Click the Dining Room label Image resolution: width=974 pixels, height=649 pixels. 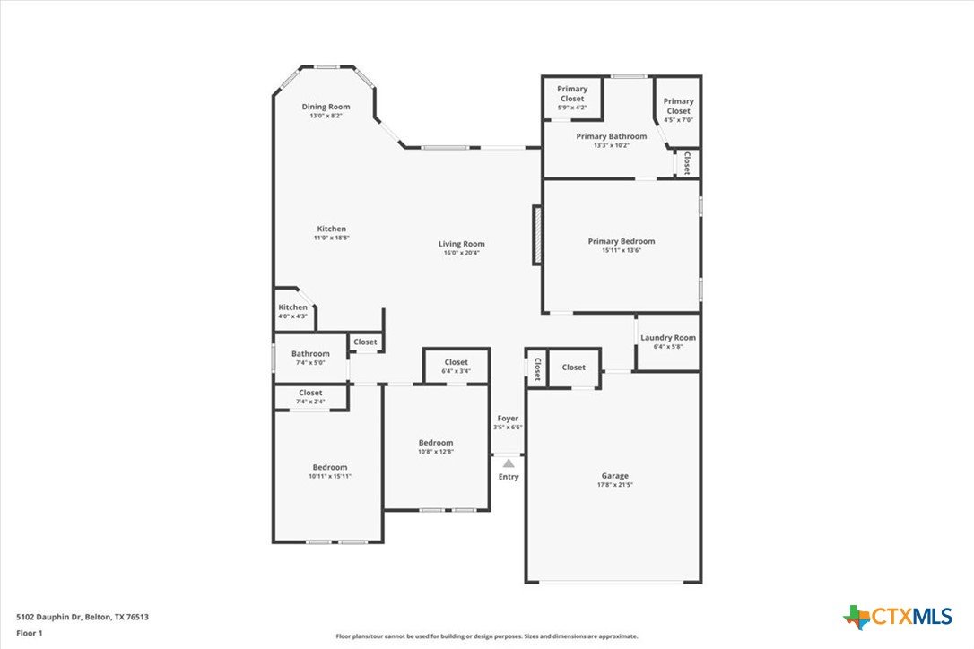point(326,107)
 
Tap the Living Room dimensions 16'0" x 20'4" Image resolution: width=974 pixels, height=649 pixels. point(461,253)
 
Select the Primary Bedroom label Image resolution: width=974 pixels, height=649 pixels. point(622,241)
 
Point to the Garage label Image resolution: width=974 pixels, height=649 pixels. point(615,476)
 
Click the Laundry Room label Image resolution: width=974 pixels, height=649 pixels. point(668,338)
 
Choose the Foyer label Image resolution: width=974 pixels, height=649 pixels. point(508,419)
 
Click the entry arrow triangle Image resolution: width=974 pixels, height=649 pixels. point(509,463)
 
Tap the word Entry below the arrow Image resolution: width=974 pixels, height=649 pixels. point(509,477)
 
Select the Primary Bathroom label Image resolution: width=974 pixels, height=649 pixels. point(612,136)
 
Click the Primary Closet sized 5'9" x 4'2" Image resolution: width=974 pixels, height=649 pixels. point(572,98)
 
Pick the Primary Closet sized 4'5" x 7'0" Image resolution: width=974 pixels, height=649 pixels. point(678,110)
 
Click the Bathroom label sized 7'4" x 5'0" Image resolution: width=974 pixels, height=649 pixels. point(310,354)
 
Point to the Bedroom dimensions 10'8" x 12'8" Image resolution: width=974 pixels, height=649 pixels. point(436,452)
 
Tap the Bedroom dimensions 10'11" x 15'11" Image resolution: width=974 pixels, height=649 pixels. point(330,476)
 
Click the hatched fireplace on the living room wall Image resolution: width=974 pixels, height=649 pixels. point(537,236)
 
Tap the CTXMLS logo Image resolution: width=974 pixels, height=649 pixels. point(897,617)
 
